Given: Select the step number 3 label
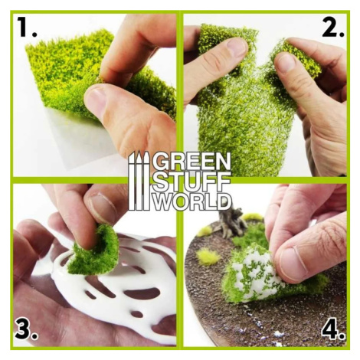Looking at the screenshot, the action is (26, 329).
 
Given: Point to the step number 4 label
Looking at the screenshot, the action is (332, 329).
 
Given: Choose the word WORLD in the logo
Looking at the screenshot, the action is (193, 201).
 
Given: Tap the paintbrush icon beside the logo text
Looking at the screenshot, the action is (139, 181).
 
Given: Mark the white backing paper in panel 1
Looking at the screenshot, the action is (84, 143).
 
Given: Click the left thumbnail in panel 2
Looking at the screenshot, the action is (237, 48).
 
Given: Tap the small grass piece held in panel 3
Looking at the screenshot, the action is (94, 250).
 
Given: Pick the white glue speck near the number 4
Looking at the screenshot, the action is (278, 334).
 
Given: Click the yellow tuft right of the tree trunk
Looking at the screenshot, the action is (253, 217).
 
